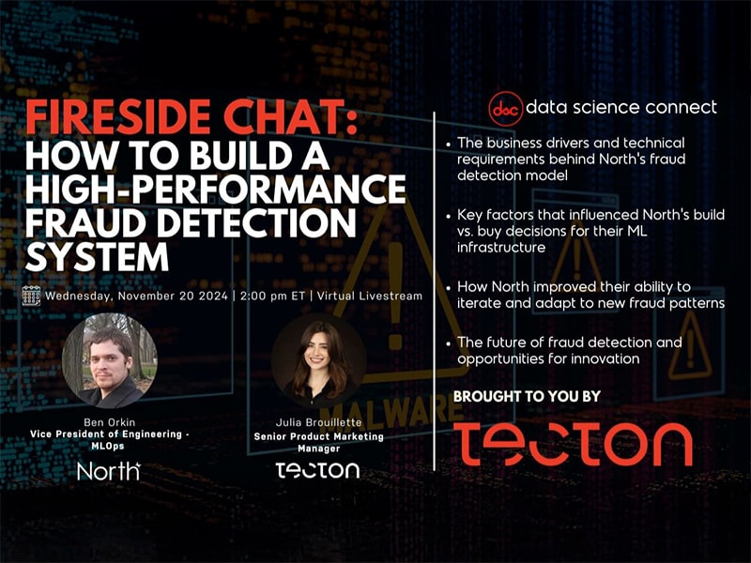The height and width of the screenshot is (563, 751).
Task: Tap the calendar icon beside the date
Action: coord(31,296)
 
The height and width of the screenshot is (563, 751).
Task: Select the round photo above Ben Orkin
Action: coord(109,360)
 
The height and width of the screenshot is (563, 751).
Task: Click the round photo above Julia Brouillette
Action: coord(318,360)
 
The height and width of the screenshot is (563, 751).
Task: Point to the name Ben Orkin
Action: coord(109,422)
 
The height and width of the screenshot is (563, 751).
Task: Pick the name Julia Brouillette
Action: coord(318,422)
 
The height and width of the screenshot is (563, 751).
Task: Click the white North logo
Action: coord(109,471)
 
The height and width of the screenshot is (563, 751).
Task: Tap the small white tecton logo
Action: coord(317,470)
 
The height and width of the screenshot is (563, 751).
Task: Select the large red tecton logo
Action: coord(573,444)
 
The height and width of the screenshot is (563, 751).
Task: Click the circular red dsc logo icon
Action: coord(505,109)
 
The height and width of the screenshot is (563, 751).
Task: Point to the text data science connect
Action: coord(621,107)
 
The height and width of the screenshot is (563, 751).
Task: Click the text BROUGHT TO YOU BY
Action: coord(527,396)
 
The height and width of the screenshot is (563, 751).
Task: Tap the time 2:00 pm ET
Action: coord(272,296)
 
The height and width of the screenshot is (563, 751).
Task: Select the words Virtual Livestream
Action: coord(370,296)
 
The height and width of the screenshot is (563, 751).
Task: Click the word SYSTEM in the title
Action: coord(97,257)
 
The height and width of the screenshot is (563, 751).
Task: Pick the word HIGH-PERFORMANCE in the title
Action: coord(216,189)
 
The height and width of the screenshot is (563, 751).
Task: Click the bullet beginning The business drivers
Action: coord(571,159)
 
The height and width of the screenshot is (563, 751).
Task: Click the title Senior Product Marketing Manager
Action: coord(318,442)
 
